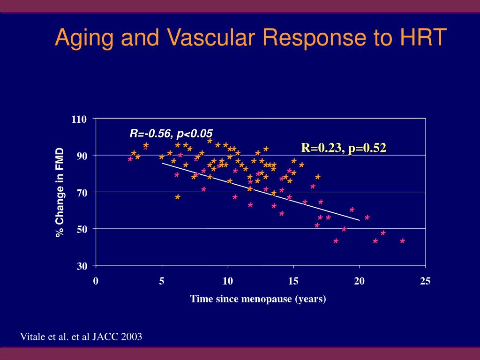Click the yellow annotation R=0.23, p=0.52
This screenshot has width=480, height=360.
(x=344, y=148)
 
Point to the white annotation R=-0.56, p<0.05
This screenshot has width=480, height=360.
(x=171, y=134)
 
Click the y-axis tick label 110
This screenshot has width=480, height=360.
(x=79, y=120)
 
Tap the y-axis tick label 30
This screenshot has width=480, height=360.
(x=82, y=266)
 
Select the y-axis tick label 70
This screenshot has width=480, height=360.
(x=82, y=192)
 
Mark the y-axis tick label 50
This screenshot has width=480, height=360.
(x=82, y=229)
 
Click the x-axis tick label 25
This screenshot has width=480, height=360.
(x=425, y=281)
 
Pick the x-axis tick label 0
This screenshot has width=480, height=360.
(x=96, y=281)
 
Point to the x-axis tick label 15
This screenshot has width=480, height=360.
(x=293, y=281)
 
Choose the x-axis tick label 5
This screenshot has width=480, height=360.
(x=162, y=281)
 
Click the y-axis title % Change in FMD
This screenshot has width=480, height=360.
(x=60, y=193)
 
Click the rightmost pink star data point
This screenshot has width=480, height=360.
(x=402, y=241)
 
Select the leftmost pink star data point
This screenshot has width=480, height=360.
(x=130, y=160)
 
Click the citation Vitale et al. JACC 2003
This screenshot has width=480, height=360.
(x=81, y=337)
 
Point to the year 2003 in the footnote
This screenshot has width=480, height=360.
(x=132, y=337)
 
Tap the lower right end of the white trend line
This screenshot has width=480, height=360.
(x=359, y=220)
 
